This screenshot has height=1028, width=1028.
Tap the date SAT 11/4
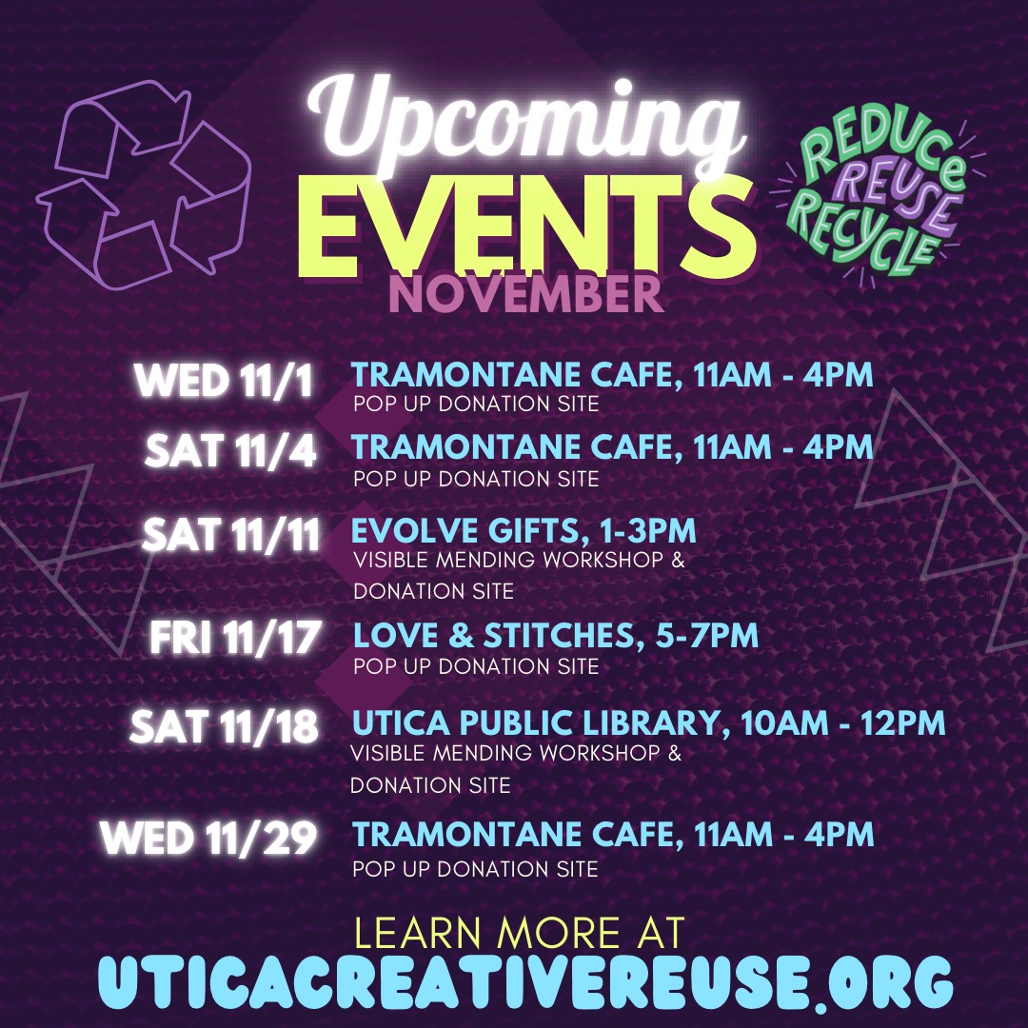pyautogui.click(x=230, y=451)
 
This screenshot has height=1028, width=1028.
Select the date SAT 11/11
pyautogui.click(x=230, y=535)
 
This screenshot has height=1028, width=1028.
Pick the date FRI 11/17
pyautogui.click(x=235, y=637)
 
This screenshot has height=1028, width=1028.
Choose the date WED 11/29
pyautogui.click(x=208, y=838)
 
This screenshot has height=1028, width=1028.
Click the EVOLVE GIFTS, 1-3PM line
pyautogui.click(x=524, y=530)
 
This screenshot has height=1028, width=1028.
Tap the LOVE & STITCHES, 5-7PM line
pyautogui.click(x=555, y=635)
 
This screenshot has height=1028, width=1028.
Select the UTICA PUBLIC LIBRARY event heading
pyautogui.click(x=648, y=723)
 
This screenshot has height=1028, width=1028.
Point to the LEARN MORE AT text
pyautogui.click(x=520, y=932)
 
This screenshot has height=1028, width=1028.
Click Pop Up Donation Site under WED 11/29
pyautogui.click(x=475, y=869)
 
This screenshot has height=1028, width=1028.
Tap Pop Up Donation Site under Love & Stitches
pyautogui.click(x=476, y=666)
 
